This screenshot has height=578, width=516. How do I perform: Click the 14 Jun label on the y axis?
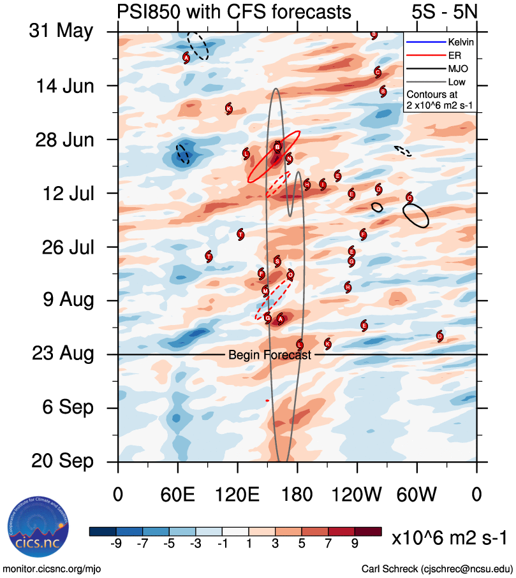click(x=61, y=85)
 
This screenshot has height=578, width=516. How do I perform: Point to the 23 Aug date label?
click(x=61, y=353)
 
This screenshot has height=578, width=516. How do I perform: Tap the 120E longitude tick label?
click(x=237, y=495)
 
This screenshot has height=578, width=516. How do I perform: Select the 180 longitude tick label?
click(x=297, y=495)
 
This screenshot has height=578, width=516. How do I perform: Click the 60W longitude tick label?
click(x=416, y=495)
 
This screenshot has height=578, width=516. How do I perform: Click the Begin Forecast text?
click(x=270, y=355)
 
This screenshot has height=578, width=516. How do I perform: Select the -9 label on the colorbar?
click(x=115, y=543)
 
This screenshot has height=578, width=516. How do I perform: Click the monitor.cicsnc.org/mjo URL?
click(x=52, y=568)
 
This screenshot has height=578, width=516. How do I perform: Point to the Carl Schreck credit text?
click(x=436, y=568)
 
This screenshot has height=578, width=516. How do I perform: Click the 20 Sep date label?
click(x=61, y=461)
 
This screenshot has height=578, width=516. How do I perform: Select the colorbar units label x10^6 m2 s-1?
click(x=449, y=538)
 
